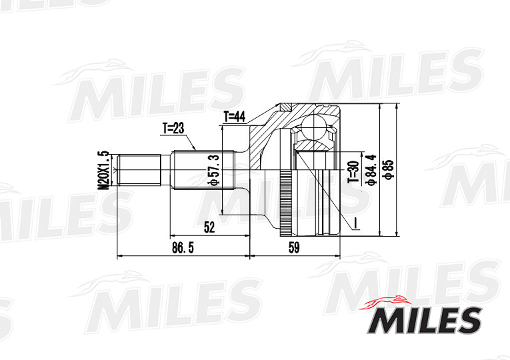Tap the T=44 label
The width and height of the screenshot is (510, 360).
coord(235,117)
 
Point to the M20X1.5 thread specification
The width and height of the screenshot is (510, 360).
coord(103,170)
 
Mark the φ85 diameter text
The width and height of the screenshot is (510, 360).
coord(389,170)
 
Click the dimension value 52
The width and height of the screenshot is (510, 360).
coord(209,227)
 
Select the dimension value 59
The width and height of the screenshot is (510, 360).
coord(294,248)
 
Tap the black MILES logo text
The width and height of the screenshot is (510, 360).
coord(423,321)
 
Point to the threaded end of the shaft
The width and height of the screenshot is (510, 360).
coord(139,172)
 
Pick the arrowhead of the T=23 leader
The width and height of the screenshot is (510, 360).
coord(195,148)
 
